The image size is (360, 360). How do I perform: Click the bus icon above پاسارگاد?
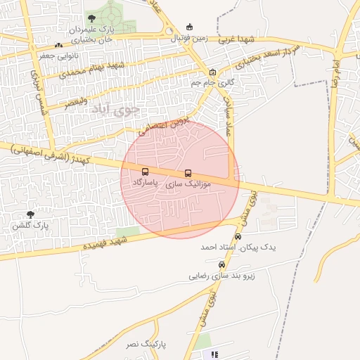click(146, 172)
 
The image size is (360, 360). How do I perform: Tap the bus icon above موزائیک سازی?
click(188, 173)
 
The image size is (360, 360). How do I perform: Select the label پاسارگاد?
click(146, 182)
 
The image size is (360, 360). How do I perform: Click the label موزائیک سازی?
click(187, 184)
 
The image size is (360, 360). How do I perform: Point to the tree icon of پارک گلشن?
click(30, 214)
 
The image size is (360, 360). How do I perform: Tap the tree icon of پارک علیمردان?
click(91, 19)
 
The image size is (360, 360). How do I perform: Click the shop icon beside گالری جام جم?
click(212, 72)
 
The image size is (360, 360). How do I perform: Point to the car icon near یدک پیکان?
click(238, 236)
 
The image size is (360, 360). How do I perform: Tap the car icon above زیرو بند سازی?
click(222, 265)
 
